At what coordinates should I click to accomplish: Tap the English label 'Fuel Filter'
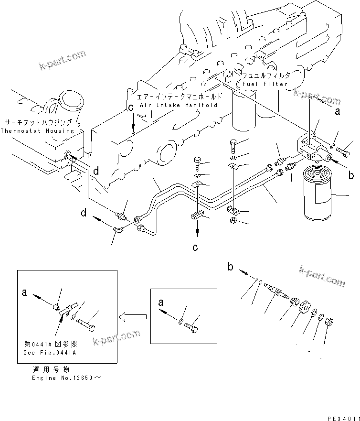tap(265, 84)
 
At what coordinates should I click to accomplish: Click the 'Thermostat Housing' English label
tap(37, 130)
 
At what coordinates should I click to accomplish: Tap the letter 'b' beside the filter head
tap(351, 175)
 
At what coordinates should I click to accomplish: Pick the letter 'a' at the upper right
tap(338, 112)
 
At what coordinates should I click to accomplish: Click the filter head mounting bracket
tap(310, 145)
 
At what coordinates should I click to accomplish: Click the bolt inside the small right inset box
tap(192, 327)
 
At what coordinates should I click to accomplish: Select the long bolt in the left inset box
tap(86, 324)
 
